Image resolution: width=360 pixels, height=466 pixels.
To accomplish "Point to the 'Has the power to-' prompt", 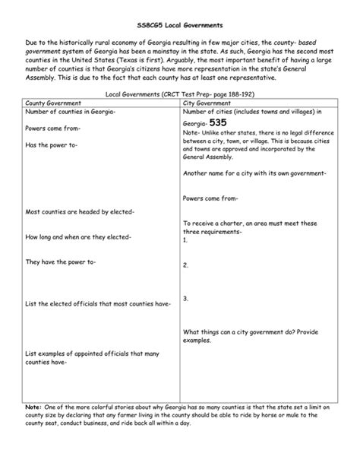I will click(x=52, y=144).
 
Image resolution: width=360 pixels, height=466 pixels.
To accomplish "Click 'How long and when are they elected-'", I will click(x=78, y=237).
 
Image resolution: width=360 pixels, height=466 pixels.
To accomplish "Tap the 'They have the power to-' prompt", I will click(x=61, y=262).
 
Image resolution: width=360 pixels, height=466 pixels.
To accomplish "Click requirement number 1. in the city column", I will click(x=185, y=239).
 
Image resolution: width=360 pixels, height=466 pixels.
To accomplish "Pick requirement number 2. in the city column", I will click(x=185, y=265).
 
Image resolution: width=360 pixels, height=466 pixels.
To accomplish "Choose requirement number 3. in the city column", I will click(x=185, y=300).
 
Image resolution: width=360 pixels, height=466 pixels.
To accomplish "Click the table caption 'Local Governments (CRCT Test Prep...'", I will click(x=180, y=94).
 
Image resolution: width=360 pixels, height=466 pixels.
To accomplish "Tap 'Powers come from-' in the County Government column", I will click(x=54, y=128).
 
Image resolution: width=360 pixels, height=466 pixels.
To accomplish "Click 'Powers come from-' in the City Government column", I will click(x=210, y=198).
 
